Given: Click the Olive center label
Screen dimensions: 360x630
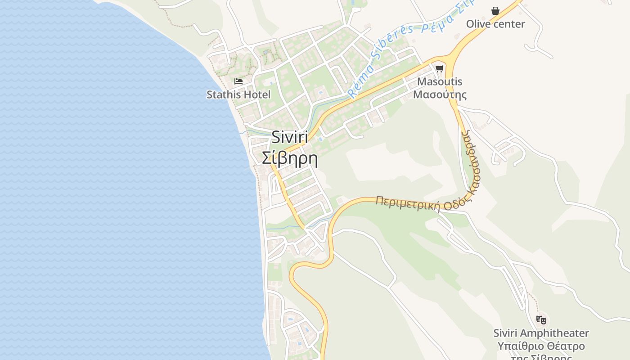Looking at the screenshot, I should (x=495, y=24).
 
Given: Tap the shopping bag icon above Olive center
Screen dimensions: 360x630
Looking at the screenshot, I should (x=495, y=11).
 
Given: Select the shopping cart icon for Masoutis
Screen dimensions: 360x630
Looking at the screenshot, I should (x=440, y=69).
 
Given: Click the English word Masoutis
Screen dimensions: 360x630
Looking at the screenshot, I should (x=440, y=82).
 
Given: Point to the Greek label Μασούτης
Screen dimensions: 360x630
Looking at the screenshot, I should (x=440, y=94).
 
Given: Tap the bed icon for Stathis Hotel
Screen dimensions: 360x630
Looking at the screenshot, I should (x=238, y=81).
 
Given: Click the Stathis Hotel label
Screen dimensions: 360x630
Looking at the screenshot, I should (x=238, y=94).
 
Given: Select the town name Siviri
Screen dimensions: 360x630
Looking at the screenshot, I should (x=290, y=137).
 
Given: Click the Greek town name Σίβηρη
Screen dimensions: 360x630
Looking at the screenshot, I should (x=290, y=158).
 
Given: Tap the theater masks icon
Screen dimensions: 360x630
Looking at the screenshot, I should (x=541, y=320).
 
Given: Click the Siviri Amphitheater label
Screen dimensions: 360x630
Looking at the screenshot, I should (x=541, y=333).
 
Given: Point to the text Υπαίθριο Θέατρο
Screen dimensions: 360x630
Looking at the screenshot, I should (x=541, y=346).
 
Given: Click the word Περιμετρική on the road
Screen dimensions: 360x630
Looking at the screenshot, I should (x=408, y=203).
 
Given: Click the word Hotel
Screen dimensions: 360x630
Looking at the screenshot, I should (x=258, y=94).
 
